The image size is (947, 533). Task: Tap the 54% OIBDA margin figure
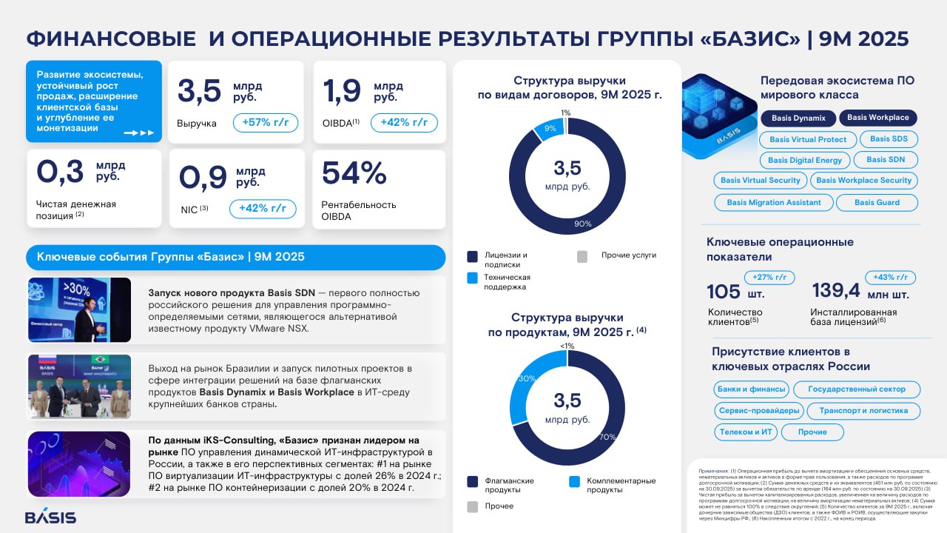point(354,174)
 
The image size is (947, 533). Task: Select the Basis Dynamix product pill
point(798,118)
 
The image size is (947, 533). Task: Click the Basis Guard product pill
point(877,202)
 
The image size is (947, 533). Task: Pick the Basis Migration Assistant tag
point(773,202)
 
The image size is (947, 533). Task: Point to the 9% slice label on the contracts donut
point(550,127)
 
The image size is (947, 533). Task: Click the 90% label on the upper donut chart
point(583,224)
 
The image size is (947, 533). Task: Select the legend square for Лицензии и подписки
point(472,256)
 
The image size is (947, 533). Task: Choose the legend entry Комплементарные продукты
point(621,485)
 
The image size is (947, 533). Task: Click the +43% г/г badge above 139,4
point(890,278)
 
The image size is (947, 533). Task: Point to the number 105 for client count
point(724,292)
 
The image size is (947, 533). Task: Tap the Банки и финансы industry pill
point(751,389)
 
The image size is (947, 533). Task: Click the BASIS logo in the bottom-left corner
point(50,517)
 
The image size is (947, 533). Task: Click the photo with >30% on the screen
point(79,310)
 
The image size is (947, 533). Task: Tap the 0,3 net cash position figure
point(60,172)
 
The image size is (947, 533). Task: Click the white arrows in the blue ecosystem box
point(138,133)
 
